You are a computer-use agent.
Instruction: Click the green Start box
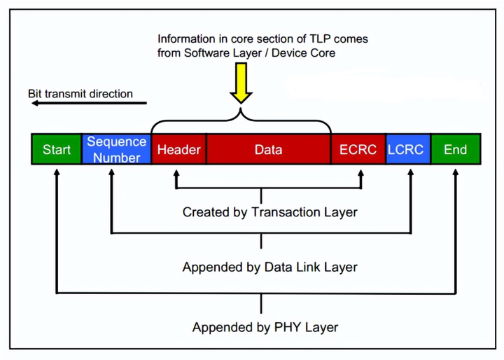click(x=57, y=150)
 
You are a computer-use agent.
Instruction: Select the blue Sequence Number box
click(x=116, y=150)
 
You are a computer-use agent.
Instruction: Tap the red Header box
click(x=178, y=150)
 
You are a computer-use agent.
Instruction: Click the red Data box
click(x=268, y=150)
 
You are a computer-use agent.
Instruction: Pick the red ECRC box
click(x=358, y=150)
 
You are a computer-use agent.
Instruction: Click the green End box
click(x=455, y=150)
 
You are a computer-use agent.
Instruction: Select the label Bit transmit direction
click(x=80, y=93)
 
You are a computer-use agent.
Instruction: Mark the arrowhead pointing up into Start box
click(x=56, y=172)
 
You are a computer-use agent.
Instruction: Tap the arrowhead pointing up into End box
click(x=456, y=172)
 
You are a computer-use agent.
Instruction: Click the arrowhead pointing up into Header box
click(x=176, y=172)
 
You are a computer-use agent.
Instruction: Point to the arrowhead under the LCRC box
click(x=410, y=172)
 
